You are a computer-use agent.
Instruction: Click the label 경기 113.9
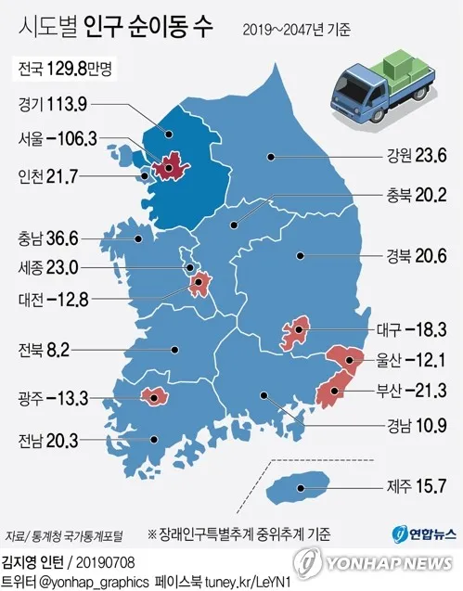[x=51, y=104]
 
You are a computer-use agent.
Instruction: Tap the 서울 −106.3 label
[x=58, y=139]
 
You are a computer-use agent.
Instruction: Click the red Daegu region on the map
[x=296, y=331]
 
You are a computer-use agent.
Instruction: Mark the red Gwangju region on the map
[x=153, y=397]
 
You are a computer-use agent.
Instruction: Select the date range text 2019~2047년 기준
[x=297, y=30]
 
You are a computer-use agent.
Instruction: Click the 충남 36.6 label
[x=49, y=238]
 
